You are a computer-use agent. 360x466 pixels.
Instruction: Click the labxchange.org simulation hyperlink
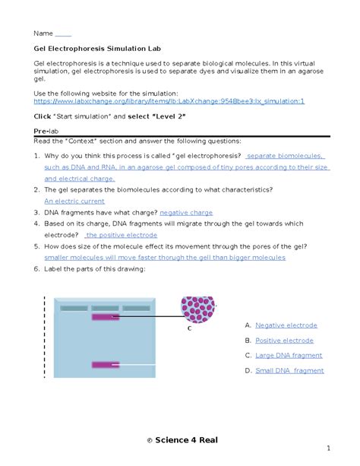(169, 101)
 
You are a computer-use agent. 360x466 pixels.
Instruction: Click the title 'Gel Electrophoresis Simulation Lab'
(97, 49)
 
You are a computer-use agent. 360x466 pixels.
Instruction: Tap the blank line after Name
(63, 36)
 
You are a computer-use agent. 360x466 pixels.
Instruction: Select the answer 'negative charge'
(186, 213)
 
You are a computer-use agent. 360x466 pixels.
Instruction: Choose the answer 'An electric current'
(74, 201)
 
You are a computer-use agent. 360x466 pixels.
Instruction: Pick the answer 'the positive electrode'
(122, 235)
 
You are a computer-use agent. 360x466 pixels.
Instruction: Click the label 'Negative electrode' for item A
(286, 325)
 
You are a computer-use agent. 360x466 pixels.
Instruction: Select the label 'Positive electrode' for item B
(285, 341)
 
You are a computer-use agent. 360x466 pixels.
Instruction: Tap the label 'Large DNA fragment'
(289, 356)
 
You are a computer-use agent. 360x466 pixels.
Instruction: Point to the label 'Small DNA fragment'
(289, 371)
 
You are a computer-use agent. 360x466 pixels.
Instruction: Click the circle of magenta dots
(197, 309)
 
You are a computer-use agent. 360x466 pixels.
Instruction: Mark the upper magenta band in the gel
(106, 317)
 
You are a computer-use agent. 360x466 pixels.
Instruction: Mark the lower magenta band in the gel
(106, 365)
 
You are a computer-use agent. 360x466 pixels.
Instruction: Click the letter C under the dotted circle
(190, 328)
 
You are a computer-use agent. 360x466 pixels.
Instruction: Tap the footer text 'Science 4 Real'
(186, 440)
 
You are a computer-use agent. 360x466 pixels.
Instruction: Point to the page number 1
(329, 449)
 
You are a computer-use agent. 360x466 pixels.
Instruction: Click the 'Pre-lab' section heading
(46, 132)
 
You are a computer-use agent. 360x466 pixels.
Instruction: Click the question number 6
(36, 269)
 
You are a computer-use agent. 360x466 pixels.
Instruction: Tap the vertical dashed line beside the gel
(45, 337)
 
